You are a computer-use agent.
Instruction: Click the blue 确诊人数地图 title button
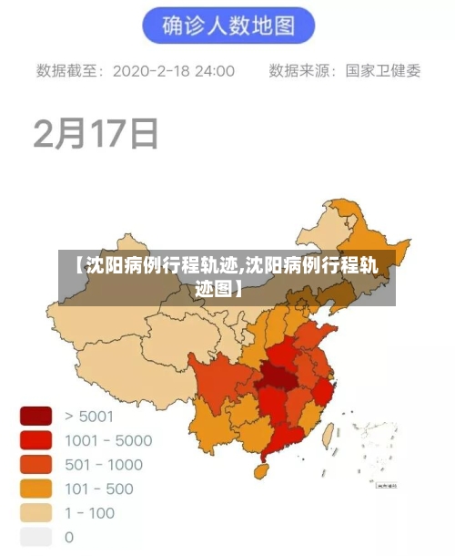point(227,26)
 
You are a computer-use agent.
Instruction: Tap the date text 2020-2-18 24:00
point(173,70)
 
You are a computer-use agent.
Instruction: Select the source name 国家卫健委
point(383,70)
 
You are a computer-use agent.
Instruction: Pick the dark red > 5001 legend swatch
point(36,417)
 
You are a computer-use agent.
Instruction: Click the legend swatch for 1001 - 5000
point(36,440)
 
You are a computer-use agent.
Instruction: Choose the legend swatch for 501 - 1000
point(36,465)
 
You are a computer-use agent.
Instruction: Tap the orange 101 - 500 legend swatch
point(36,489)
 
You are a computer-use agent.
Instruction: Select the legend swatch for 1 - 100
point(36,513)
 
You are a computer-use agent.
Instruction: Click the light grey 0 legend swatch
point(36,537)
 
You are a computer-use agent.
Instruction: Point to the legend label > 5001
point(89,417)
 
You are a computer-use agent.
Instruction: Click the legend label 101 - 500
point(99,489)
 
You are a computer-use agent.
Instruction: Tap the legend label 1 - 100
point(90,513)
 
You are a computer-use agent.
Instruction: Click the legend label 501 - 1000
point(104,465)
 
